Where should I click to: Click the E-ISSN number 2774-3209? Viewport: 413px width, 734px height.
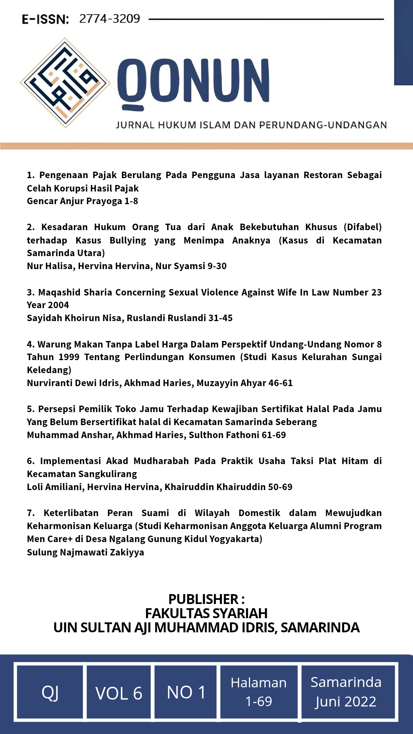pyautogui.click(x=109, y=19)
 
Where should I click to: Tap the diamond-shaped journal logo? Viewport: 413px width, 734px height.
pyautogui.click(x=65, y=83)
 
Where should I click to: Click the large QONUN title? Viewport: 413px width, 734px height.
pyautogui.click(x=193, y=81)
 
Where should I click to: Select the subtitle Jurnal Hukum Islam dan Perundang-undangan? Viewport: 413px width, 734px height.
pyautogui.click(x=251, y=125)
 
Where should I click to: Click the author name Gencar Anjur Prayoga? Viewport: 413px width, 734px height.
pyautogui.click(x=74, y=201)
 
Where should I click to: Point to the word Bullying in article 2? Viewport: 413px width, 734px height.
pyautogui.click(x=128, y=240)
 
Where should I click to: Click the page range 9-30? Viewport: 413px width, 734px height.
pyautogui.click(x=217, y=266)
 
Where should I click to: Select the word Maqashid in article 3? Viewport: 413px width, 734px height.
pyautogui.click(x=59, y=292)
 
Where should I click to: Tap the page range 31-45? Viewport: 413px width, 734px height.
pyautogui.click(x=220, y=318)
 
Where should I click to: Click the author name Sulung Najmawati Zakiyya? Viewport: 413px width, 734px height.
pyautogui.click(x=85, y=552)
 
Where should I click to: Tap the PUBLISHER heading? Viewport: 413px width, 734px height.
pyautogui.click(x=206, y=599)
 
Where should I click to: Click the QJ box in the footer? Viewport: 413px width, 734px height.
pyautogui.click(x=50, y=692)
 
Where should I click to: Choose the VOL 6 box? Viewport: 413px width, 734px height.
pyautogui.click(x=119, y=693)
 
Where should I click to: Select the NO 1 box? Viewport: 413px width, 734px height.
pyautogui.click(x=186, y=692)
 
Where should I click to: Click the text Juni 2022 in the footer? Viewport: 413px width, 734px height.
pyautogui.click(x=346, y=702)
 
